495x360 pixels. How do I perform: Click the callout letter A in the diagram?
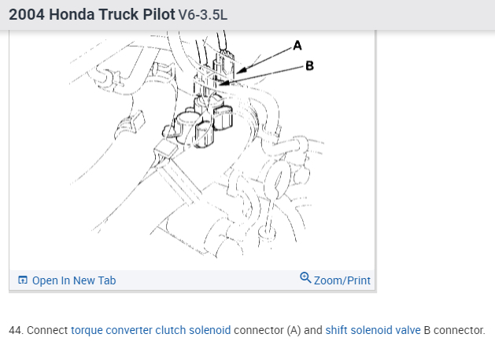(x=297, y=45)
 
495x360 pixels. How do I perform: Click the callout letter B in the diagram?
(x=309, y=65)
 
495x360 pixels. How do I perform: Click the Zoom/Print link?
(x=342, y=280)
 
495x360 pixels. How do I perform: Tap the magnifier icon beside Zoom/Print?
(x=305, y=278)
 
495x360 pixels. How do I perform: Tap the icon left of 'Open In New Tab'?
(x=22, y=280)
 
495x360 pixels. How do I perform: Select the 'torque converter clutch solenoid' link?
(x=151, y=330)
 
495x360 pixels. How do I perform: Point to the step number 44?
(x=15, y=330)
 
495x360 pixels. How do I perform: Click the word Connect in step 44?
(x=47, y=330)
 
